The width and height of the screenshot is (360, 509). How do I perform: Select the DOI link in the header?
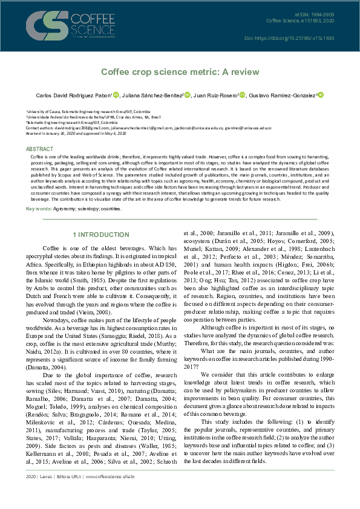click(297, 38)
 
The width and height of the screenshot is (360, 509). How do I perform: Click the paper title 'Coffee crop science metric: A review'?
click(180, 73)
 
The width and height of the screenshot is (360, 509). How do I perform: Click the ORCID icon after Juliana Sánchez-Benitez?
click(188, 95)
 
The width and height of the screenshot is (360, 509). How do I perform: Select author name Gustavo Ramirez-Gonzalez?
click(284, 95)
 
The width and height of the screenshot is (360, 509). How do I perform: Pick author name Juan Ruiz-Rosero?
click(217, 95)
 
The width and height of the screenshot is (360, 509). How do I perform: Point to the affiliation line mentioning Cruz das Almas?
click(85, 117)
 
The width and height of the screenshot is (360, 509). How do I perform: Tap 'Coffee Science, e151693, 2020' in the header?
click(300, 21)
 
